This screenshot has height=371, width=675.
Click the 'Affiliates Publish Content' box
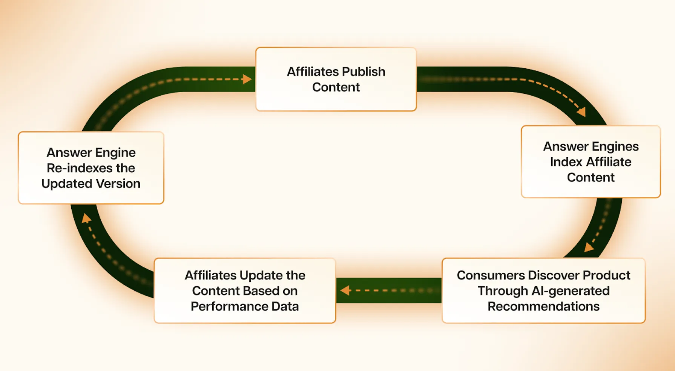click(x=336, y=79)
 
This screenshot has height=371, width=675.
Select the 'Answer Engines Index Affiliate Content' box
click(x=591, y=162)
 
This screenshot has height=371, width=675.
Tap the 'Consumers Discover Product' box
click(x=543, y=291)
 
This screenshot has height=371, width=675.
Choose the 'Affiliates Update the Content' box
click(x=245, y=291)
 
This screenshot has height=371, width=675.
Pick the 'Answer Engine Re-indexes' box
click(x=91, y=168)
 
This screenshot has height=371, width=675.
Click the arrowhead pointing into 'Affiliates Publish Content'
click(x=247, y=79)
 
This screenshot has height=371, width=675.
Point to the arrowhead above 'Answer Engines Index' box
click(x=582, y=111)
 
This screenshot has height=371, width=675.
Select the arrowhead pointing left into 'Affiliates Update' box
click(x=345, y=290)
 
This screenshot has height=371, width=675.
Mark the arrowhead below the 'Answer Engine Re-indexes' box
click(x=87, y=218)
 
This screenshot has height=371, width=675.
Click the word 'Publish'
click(x=364, y=71)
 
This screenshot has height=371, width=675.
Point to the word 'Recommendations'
click(x=543, y=306)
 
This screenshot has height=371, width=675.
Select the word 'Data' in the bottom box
click(x=285, y=306)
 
